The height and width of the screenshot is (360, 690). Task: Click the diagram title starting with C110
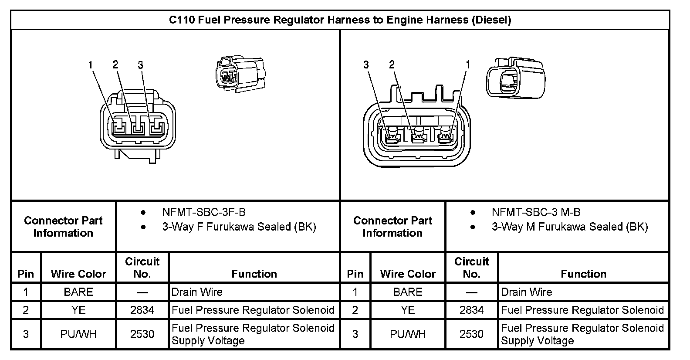point(340,20)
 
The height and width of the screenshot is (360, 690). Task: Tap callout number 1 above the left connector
point(91,65)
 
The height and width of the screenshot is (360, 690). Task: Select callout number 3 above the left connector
point(140,65)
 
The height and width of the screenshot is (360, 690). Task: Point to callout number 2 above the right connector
point(392,65)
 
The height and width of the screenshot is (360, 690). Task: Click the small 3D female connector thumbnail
point(240,72)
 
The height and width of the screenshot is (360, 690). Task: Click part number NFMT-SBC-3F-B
point(204,212)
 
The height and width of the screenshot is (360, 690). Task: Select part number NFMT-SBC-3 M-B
point(536,212)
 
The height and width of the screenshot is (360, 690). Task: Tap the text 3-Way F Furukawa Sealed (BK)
point(239,227)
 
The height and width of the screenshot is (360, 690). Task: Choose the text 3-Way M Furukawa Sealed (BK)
point(570,227)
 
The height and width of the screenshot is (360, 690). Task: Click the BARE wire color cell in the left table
point(78,292)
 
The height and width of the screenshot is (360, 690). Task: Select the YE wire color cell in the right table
point(408,310)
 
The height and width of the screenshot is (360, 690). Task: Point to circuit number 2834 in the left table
point(142,310)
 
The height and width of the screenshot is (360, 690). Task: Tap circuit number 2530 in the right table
point(471,334)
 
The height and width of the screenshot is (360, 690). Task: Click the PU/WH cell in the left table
point(78,334)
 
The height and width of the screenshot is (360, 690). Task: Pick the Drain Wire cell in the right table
point(526,292)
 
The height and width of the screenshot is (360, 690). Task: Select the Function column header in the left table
point(254,274)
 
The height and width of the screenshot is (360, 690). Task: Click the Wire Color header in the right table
point(408,274)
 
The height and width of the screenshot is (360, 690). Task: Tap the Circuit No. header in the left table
point(142,267)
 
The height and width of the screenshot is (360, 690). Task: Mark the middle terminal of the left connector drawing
point(138,129)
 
